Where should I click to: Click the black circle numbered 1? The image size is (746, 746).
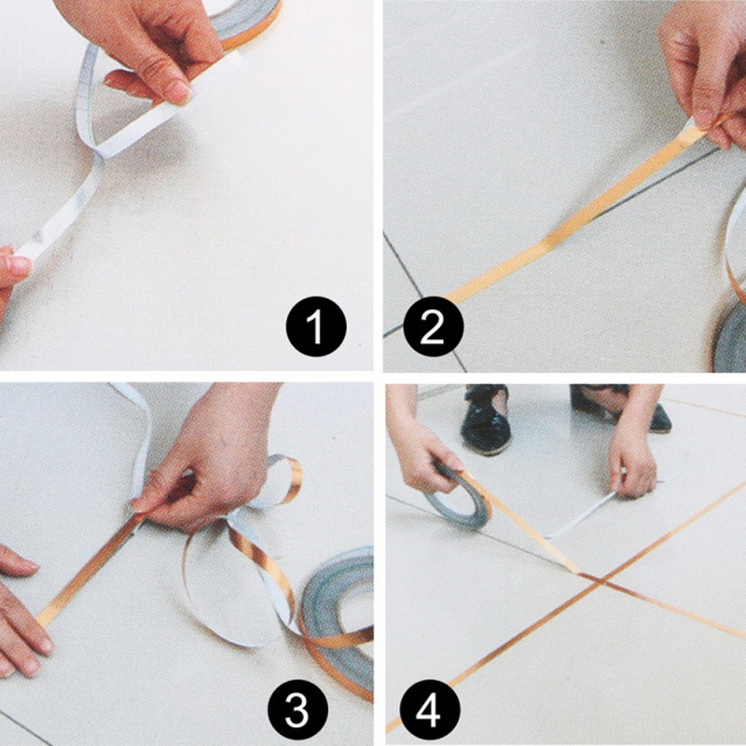[316, 326]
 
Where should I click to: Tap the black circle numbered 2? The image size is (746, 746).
[433, 326]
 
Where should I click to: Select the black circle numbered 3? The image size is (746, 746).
[297, 710]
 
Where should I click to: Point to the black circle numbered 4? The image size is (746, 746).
[430, 710]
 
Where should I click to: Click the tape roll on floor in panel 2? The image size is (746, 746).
[730, 338]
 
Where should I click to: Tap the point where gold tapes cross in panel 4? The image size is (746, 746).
[601, 580]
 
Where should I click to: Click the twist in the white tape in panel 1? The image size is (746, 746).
[99, 153]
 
